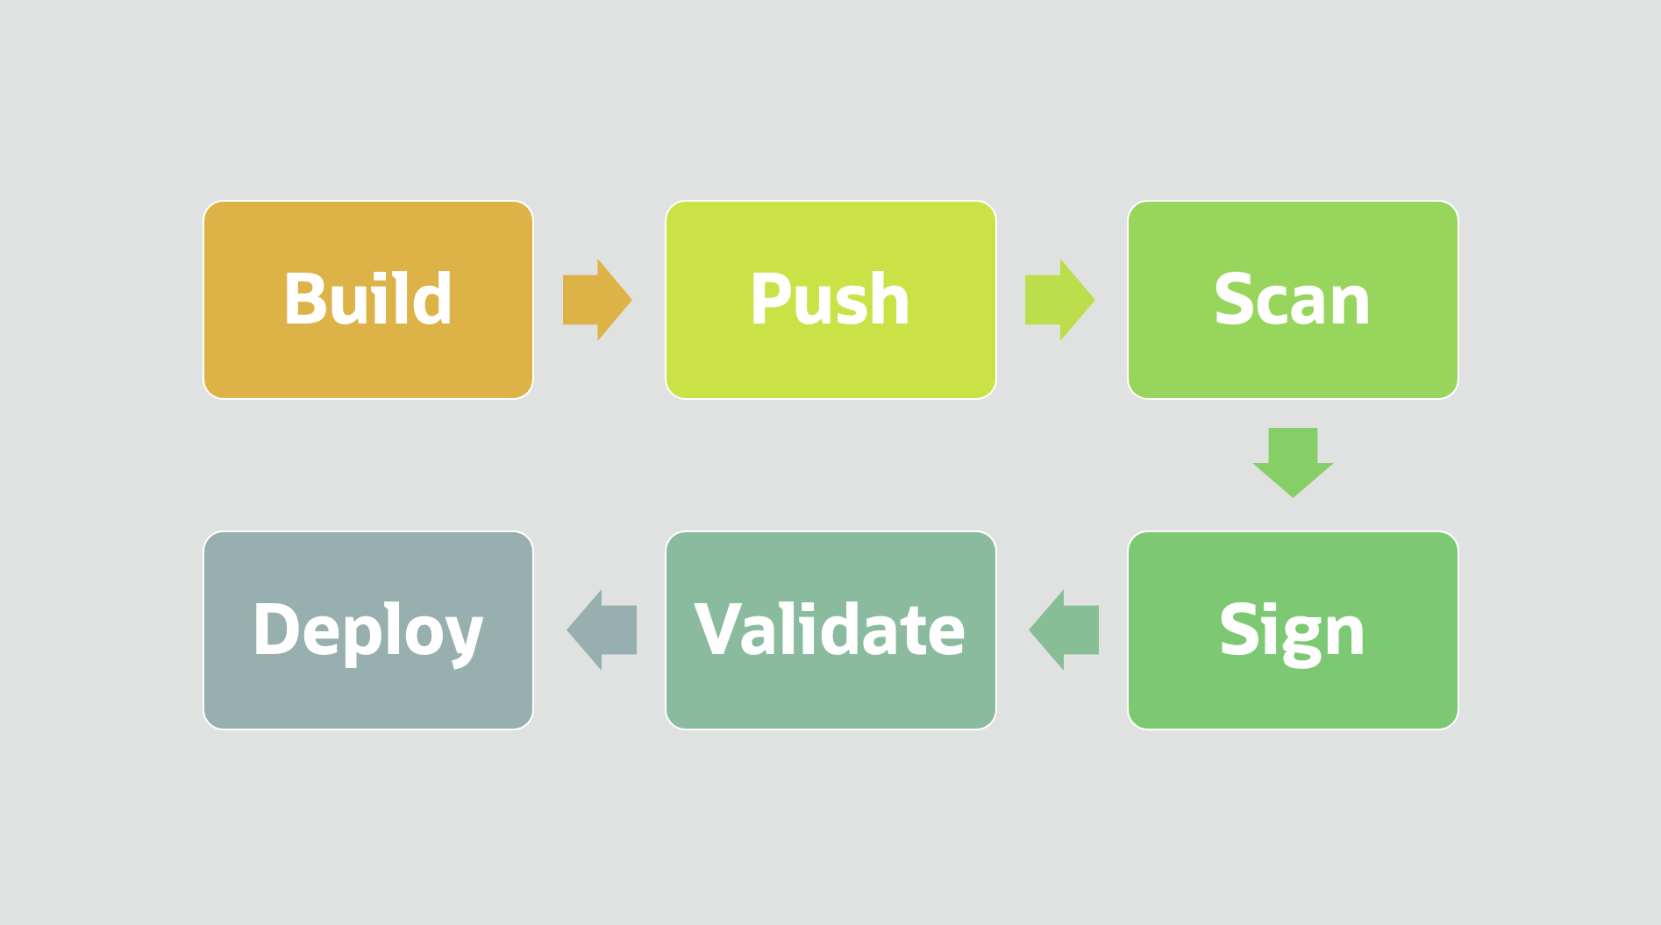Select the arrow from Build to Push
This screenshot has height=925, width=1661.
coord(596,300)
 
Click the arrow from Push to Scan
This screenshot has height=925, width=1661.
coord(1059,300)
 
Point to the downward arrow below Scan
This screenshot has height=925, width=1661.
coord(1293,461)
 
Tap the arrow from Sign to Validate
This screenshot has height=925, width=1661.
coord(1065,630)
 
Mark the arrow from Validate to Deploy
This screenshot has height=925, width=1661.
coord(602,630)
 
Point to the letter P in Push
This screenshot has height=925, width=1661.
coord(770,299)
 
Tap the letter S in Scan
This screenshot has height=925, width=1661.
coord(1235,299)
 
